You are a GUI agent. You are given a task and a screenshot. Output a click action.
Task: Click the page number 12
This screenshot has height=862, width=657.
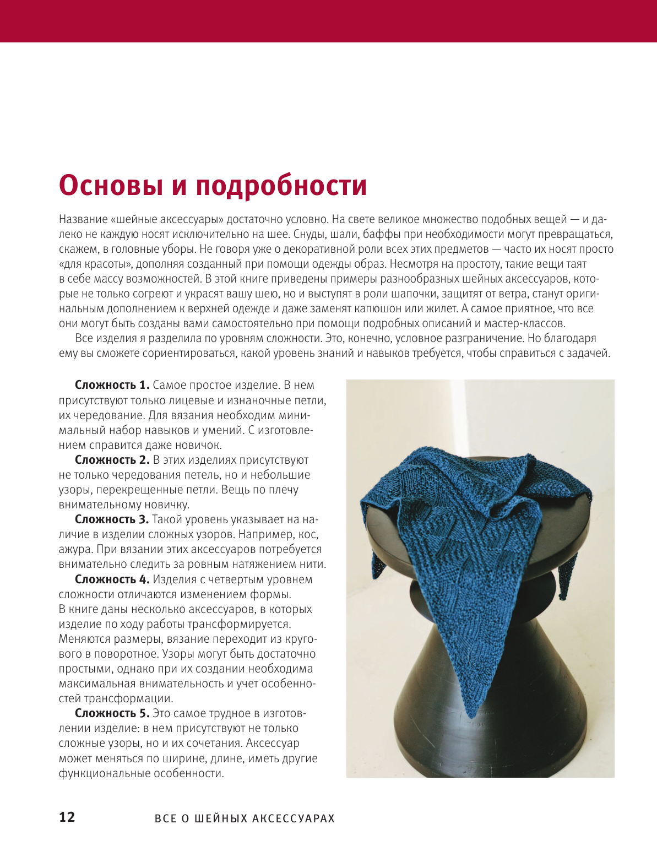(67, 817)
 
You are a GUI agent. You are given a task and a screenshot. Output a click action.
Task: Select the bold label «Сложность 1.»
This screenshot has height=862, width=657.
(112, 385)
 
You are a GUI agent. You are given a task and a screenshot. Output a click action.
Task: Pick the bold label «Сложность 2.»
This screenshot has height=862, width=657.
(112, 460)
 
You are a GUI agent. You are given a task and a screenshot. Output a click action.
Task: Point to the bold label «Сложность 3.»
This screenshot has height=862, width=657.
(112, 519)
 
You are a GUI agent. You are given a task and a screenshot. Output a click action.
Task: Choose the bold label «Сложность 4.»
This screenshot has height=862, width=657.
(112, 579)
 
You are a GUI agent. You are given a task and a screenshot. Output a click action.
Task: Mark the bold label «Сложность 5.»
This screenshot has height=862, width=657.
(112, 713)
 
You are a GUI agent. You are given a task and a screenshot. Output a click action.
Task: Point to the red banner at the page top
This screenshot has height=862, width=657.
(328, 21)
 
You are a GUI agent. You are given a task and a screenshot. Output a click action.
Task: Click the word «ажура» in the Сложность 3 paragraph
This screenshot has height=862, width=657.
(73, 549)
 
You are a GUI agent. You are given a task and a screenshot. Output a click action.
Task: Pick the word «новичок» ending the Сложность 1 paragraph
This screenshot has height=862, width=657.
(198, 445)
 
